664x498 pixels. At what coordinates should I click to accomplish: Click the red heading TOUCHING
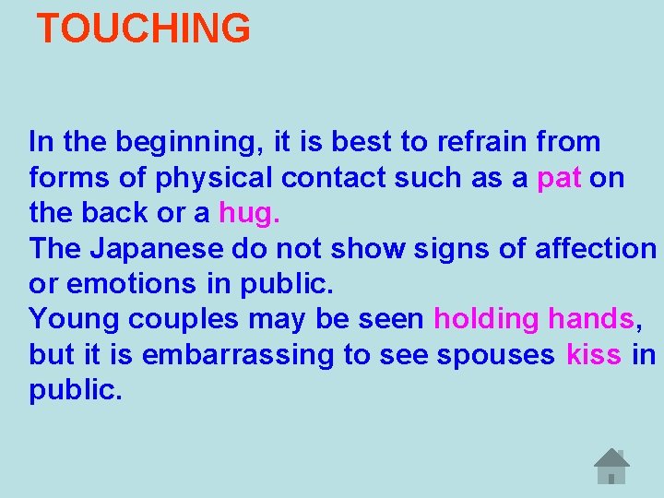pyautogui.click(x=143, y=30)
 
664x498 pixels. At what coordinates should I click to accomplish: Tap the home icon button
pyautogui.click(x=611, y=466)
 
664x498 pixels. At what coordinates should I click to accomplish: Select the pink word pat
pyautogui.click(x=559, y=177)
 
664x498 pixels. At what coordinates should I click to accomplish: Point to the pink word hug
pyautogui.click(x=248, y=213)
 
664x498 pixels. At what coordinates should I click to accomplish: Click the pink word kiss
pyautogui.click(x=593, y=355)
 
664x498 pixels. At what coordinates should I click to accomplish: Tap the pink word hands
pyautogui.click(x=590, y=319)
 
